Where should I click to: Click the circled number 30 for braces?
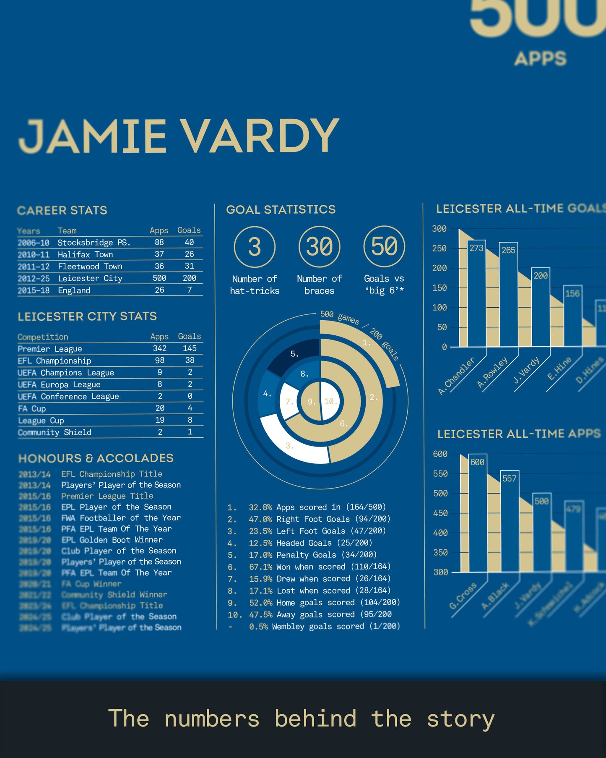319,246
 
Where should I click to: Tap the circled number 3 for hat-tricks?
255,247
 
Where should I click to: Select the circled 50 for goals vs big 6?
384,246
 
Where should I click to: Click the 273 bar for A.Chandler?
476,294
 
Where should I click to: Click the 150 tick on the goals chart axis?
439,288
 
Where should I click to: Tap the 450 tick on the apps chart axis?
440,513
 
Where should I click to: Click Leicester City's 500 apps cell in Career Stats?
159,278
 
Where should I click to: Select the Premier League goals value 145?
190,348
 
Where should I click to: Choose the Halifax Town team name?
85,254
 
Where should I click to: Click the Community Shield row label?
55,432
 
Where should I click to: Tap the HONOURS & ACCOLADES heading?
96,458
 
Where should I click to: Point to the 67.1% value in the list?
260,567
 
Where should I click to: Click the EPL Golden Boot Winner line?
112,540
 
